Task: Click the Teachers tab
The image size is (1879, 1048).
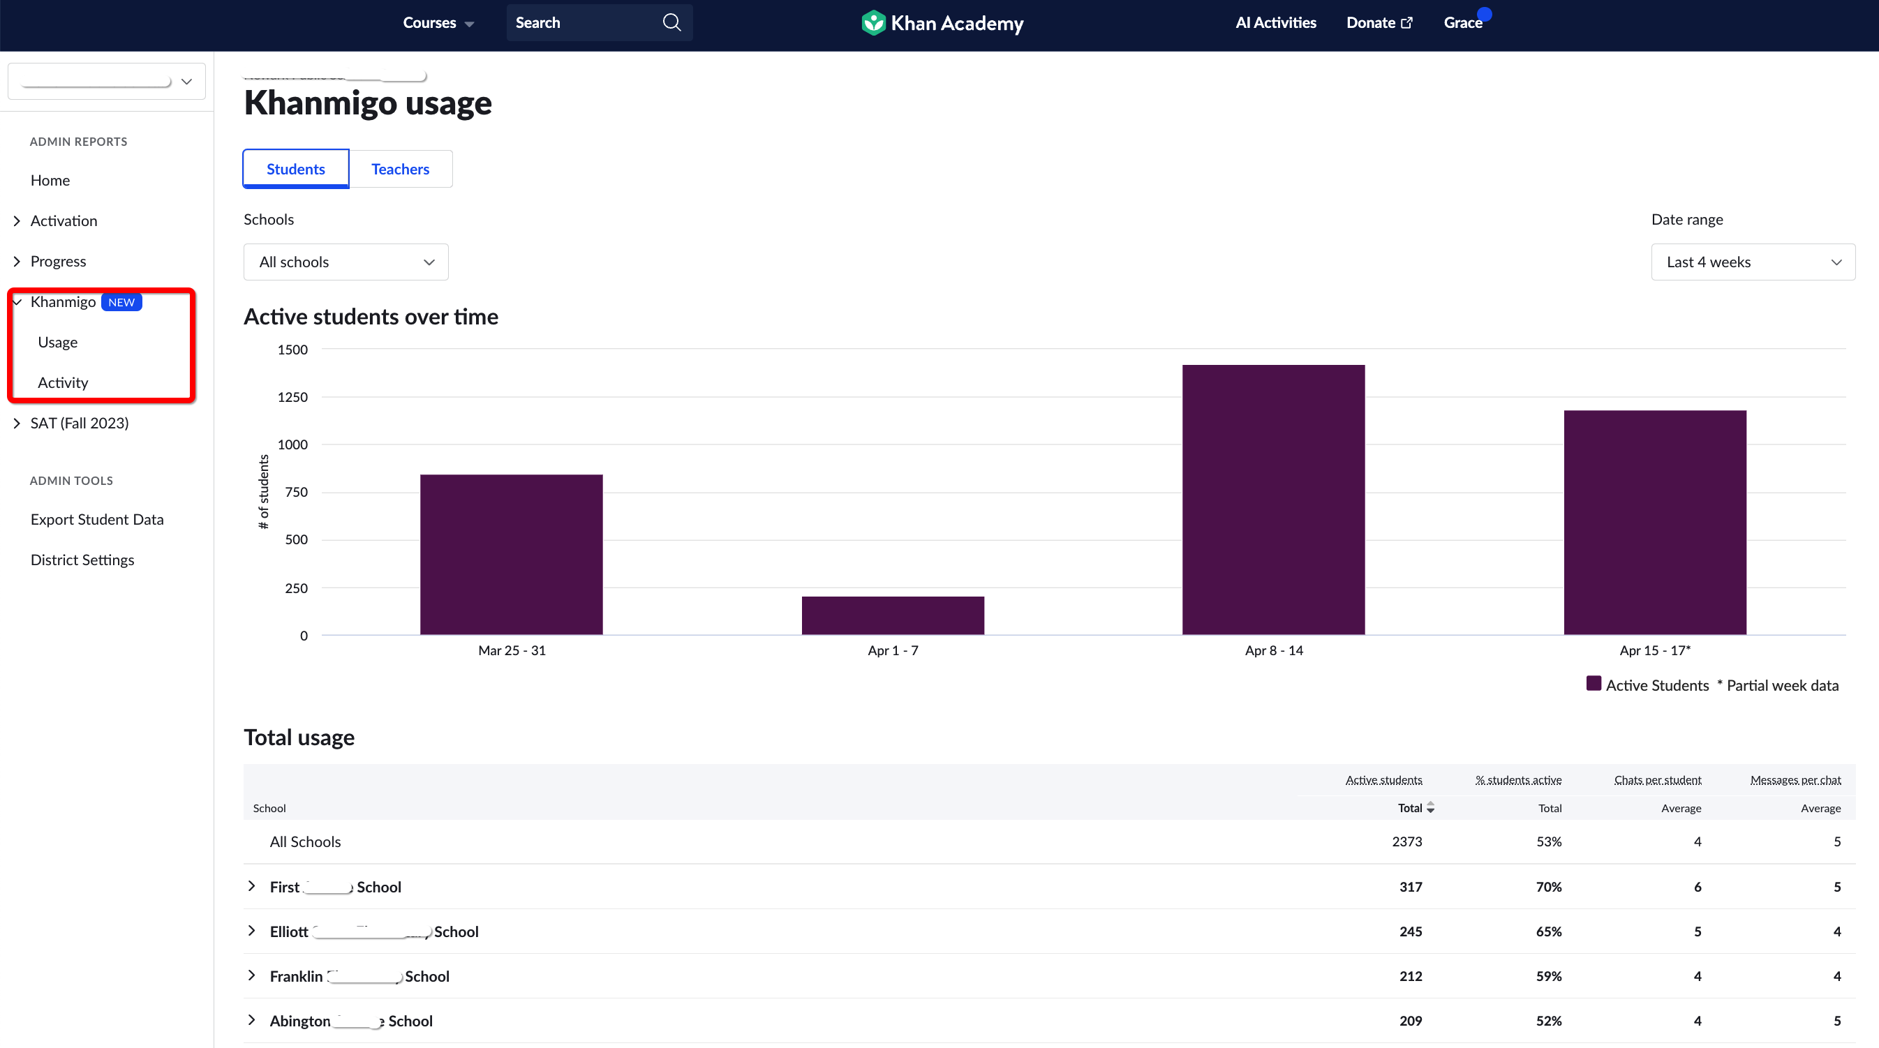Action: click(400, 169)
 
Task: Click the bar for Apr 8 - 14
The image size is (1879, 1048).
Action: click(1273, 500)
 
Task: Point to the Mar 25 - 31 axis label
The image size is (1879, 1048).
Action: click(512, 650)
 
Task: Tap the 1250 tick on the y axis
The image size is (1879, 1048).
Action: click(292, 397)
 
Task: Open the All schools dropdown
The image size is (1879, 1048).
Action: click(346, 262)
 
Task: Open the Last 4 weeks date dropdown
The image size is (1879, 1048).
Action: click(1752, 262)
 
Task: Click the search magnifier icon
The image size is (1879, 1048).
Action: click(671, 22)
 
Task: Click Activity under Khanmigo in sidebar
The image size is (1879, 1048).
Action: click(63, 382)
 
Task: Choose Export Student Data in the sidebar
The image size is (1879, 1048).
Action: click(97, 519)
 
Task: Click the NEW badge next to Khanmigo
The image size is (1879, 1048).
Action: click(121, 302)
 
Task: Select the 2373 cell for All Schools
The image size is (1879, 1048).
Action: click(1406, 841)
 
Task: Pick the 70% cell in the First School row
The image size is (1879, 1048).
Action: click(1549, 887)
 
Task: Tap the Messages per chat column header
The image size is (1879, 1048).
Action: click(1795, 779)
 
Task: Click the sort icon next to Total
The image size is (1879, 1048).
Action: click(1430, 807)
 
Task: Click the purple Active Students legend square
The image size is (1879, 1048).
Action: click(1594, 684)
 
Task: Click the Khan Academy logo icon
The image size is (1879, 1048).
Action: click(873, 22)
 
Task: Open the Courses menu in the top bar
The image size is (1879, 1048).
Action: click(438, 22)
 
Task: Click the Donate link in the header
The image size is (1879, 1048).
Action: click(1379, 22)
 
